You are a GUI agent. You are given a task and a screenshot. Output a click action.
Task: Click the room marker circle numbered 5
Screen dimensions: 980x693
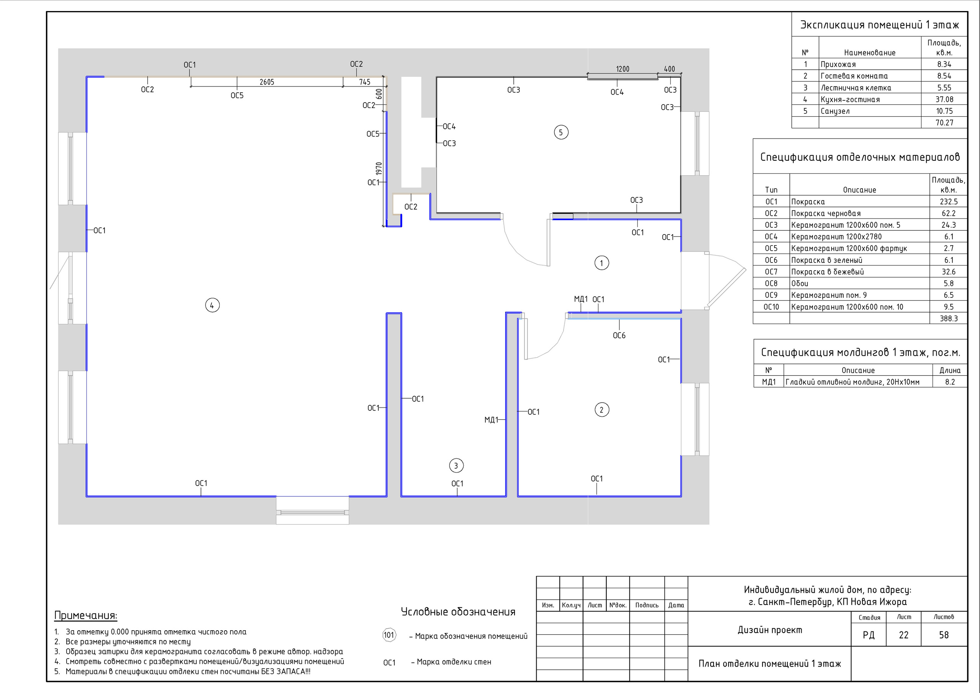point(561,132)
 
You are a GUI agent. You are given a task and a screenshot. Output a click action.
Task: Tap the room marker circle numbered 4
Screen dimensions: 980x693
point(212,305)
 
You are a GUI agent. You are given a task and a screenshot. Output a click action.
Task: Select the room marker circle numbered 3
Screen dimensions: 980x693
point(456,466)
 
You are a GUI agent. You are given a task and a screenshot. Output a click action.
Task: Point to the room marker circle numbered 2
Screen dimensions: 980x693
point(602,410)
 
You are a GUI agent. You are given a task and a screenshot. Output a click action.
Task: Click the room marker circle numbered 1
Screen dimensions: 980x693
point(602,263)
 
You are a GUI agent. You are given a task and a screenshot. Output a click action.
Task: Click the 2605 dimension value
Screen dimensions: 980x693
point(267,82)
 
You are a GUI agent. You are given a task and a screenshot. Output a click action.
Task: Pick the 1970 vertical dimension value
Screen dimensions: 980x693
point(379,168)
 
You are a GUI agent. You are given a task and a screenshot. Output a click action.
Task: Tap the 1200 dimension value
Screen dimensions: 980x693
point(623,69)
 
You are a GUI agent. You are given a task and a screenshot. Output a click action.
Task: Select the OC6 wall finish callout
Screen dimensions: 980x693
point(619,336)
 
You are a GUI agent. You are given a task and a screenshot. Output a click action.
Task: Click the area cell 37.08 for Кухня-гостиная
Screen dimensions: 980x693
point(944,99)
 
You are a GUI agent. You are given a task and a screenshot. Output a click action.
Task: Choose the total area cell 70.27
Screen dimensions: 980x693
point(944,123)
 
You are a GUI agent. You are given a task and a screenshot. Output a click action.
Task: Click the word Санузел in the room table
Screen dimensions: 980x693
point(835,111)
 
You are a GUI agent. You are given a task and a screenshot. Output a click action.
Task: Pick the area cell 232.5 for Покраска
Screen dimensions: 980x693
point(949,202)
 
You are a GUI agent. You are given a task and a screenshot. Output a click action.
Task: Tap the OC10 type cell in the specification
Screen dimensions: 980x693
point(771,307)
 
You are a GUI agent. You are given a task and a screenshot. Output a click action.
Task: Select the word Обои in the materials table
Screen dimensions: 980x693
point(799,283)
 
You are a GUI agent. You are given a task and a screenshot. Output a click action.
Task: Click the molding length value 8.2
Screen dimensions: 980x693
point(950,382)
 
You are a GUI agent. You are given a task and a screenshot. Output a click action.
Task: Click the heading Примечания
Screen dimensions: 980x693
point(86,616)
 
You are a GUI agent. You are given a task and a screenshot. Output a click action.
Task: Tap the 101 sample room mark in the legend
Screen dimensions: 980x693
point(389,635)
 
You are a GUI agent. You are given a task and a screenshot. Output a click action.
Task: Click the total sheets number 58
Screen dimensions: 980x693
point(944,635)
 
